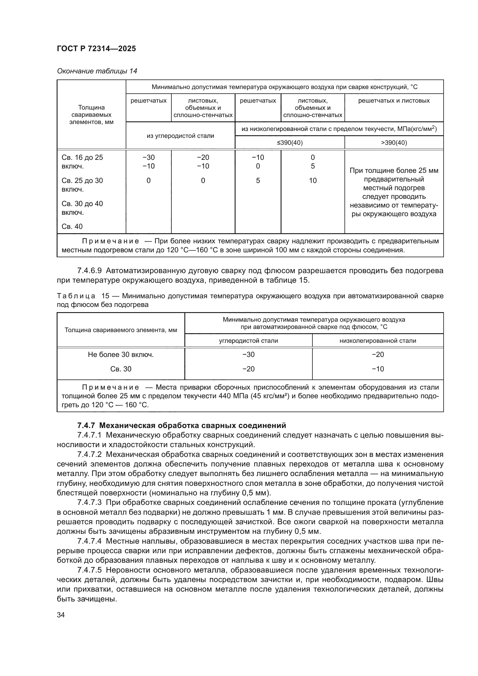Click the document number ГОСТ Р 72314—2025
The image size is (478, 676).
click(x=96, y=49)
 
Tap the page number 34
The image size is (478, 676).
click(x=61, y=614)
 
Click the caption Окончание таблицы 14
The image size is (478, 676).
click(x=97, y=71)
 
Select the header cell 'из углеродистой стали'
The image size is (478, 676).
click(x=180, y=136)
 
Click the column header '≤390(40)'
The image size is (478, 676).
click(x=290, y=143)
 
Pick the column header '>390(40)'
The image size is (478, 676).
click(x=394, y=143)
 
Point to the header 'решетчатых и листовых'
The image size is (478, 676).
click(x=394, y=101)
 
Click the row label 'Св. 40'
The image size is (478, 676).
click(x=72, y=226)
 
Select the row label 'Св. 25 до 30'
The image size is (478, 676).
click(x=82, y=181)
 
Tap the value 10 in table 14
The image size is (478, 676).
click(x=313, y=181)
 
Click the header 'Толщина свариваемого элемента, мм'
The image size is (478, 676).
click(x=121, y=330)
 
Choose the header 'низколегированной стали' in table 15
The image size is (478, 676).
click(x=378, y=341)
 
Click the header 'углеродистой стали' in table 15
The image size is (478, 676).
click(x=249, y=341)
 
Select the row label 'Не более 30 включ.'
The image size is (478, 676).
click(x=121, y=355)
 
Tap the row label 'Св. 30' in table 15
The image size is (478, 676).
click(x=121, y=369)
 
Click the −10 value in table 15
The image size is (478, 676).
click(x=378, y=369)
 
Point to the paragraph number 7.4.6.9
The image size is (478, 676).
click(x=90, y=271)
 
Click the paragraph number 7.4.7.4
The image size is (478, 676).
click(x=90, y=541)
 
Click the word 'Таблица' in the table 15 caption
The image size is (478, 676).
click(x=76, y=296)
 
